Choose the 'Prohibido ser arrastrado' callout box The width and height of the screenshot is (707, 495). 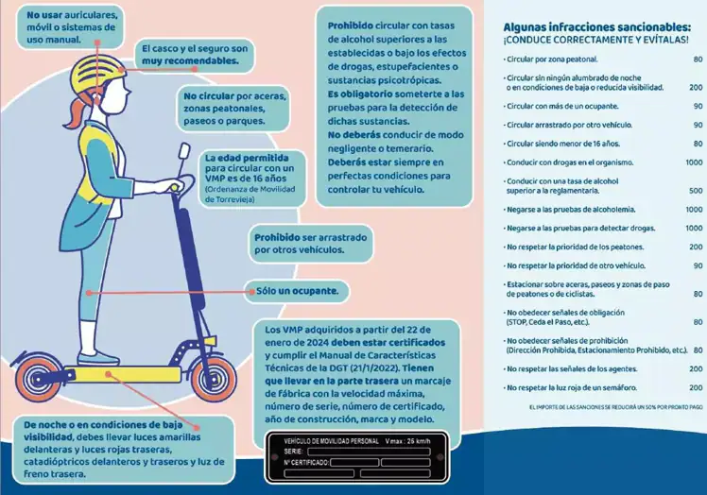click(x=310, y=243)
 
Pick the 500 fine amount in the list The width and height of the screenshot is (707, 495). click(x=696, y=190)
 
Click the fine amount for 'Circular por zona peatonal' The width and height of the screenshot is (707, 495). click(x=698, y=60)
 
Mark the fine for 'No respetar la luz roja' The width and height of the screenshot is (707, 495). click(x=696, y=387)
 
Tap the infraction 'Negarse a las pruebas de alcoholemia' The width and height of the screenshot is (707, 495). click(x=570, y=209)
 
